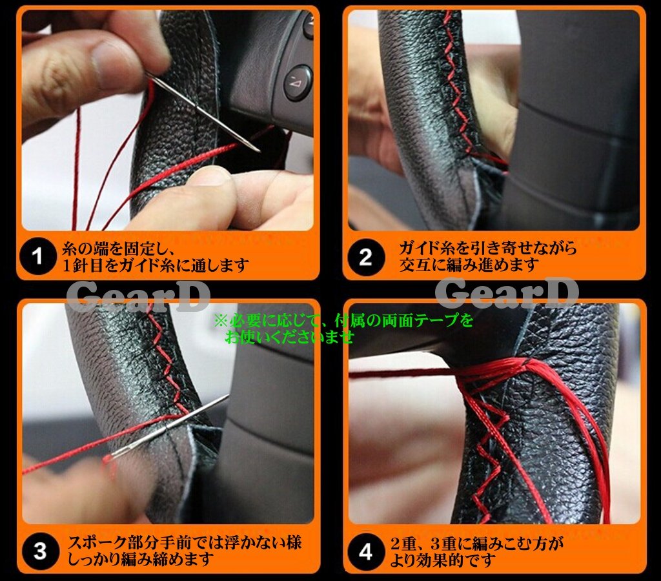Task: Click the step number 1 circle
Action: tap(38, 256)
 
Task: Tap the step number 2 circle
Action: tap(365, 257)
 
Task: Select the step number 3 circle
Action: tap(40, 551)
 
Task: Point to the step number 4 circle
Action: tap(366, 552)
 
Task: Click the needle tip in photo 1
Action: tap(259, 150)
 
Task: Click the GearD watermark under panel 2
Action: tap(506, 292)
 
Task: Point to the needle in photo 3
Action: tap(170, 427)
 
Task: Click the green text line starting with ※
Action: tap(343, 321)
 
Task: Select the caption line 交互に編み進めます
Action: tap(469, 265)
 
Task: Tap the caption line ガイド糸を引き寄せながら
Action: tap(488, 249)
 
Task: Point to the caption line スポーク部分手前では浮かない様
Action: tap(185, 543)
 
